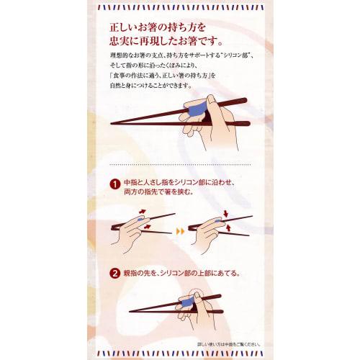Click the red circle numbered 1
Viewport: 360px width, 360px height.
pyautogui.click(x=115, y=184)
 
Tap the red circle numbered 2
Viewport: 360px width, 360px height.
pyautogui.click(x=115, y=274)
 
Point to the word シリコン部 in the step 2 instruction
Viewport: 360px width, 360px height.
pyautogui.click(x=172, y=274)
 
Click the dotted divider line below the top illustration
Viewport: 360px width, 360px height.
pyautogui.click(x=180, y=163)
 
